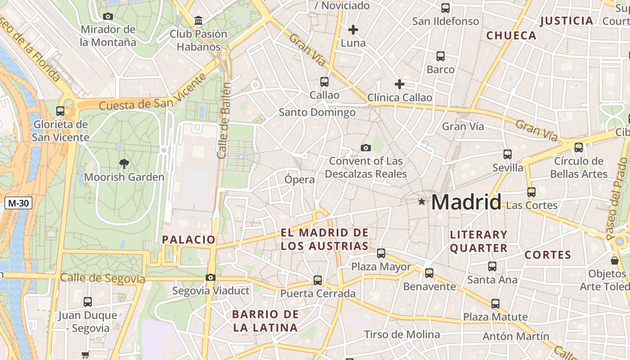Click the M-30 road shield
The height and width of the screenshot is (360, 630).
(x=18, y=203)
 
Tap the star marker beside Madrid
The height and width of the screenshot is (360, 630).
(x=422, y=202)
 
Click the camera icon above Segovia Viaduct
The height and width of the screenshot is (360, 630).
(x=210, y=277)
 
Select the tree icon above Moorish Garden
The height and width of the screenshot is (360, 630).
(x=124, y=163)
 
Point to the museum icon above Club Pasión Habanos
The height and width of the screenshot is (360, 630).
(x=198, y=20)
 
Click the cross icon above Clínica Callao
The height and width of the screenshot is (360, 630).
(x=399, y=84)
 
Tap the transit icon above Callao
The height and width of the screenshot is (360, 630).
(x=324, y=81)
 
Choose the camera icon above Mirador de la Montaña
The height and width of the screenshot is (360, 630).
(x=108, y=16)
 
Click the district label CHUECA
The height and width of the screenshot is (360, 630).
(x=512, y=35)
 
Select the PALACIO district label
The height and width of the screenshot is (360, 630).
(x=189, y=239)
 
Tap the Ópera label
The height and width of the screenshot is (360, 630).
(x=300, y=180)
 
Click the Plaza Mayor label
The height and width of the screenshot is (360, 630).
(x=381, y=267)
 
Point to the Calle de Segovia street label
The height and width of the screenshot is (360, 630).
(x=103, y=279)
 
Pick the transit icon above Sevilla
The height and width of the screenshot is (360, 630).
(x=508, y=154)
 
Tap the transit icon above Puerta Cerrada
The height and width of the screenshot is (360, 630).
(x=318, y=280)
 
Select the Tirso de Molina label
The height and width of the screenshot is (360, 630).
(x=402, y=334)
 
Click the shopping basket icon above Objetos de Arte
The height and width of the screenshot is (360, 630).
(x=614, y=260)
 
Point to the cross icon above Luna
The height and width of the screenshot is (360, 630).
(x=353, y=30)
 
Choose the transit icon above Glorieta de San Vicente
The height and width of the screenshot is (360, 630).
(x=60, y=111)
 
